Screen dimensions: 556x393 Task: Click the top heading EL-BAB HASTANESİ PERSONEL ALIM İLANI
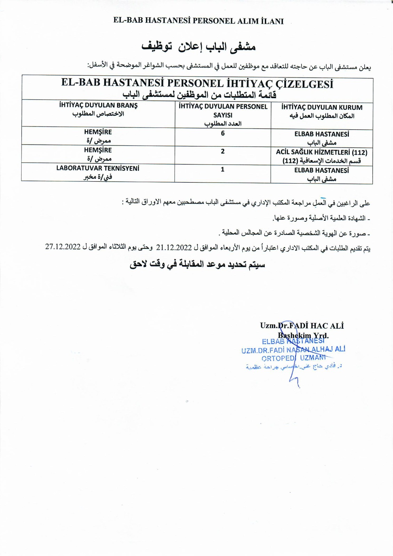point(198,21)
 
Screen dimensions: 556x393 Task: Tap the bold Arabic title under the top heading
point(198,47)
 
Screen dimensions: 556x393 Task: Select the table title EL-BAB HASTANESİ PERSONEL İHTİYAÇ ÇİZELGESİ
point(197,83)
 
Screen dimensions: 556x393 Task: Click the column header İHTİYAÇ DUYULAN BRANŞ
point(98,105)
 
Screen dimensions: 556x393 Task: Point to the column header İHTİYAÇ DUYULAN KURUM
point(322,107)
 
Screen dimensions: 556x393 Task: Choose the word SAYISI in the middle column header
point(223,115)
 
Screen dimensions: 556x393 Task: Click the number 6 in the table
point(223,133)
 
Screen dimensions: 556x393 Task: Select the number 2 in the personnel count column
point(223,151)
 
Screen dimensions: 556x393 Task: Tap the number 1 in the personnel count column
point(223,170)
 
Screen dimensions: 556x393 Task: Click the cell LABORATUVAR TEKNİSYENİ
point(98,168)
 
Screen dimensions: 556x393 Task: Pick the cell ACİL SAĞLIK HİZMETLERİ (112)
point(322,152)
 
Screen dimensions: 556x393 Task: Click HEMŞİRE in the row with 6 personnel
point(98,132)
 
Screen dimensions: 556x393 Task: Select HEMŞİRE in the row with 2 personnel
point(98,150)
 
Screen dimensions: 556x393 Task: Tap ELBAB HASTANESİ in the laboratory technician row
point(322,170)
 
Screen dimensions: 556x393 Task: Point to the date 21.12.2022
point(174,247)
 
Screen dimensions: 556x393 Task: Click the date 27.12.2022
point(63,247)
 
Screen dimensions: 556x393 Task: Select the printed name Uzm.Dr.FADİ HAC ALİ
point(302,326)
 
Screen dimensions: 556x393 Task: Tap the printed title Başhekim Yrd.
point(303,336)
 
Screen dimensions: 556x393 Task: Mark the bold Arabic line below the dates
point(197,265)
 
